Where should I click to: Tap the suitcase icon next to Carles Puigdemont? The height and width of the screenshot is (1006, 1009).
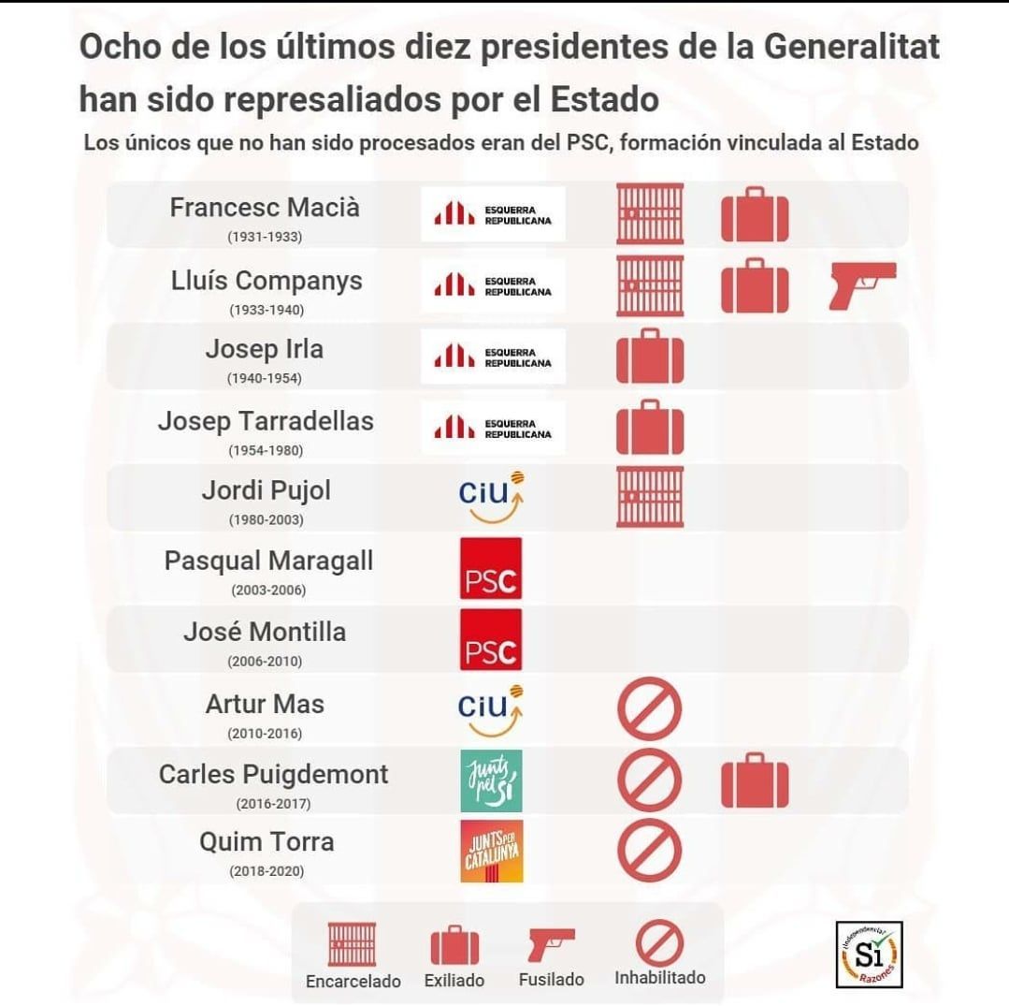tap(755, 780)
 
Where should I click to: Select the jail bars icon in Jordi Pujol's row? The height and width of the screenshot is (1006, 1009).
tap(650, 496)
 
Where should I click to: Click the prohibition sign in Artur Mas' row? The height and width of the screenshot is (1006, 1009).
tap(650, 709)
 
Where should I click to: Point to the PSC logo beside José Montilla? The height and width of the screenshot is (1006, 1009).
tap(491, 639)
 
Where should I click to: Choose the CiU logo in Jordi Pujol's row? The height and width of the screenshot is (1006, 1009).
tap(491, 497)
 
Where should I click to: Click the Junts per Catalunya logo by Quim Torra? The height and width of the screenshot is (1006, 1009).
tap(491, 852)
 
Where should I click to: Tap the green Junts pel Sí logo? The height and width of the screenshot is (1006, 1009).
tap(491, 780)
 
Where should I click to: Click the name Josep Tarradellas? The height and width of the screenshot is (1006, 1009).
tap(266, 421)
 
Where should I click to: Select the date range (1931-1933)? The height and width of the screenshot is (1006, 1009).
tap(265, 237)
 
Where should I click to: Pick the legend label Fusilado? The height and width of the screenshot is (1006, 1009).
tap(552, 980)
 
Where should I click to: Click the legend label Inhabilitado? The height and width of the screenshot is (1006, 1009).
tap(660, 978)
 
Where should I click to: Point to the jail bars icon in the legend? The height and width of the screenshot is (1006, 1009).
tap(353, 944)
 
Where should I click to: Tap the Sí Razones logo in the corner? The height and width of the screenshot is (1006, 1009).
tap(869, 955)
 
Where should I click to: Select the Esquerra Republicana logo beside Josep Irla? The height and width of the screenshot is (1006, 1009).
tap(493, 357)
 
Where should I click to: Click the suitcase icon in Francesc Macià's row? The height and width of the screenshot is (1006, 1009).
tap(755, 214)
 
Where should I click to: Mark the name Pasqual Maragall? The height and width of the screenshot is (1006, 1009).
tap(268, 561)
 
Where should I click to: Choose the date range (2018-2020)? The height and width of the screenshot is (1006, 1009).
tap(266, 872)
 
